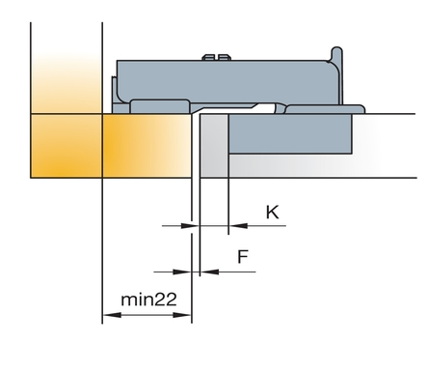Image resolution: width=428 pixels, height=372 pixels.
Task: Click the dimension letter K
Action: [273, 213]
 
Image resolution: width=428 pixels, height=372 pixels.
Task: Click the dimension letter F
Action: [243, 256]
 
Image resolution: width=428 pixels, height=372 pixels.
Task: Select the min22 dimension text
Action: [148, 300]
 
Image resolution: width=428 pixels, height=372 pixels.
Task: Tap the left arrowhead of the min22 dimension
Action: [112, 315]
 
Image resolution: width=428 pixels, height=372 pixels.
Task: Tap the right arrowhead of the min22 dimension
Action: [182, 315]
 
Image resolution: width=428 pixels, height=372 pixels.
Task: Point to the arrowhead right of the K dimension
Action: [238, 225]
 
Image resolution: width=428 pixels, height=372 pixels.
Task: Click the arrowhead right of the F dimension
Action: [209, 272]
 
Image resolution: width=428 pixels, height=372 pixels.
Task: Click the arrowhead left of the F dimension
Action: [182, 272]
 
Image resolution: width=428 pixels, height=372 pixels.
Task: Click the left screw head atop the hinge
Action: [208, 57]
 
